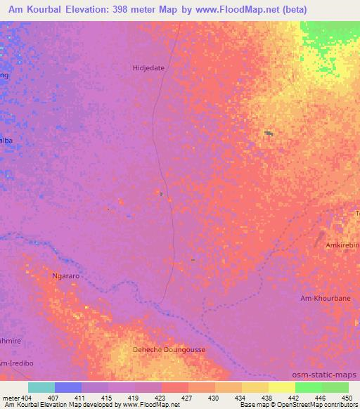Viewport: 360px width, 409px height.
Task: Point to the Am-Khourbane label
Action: [x=325, y=298]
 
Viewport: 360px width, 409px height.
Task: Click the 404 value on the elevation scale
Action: [x=27, y=398]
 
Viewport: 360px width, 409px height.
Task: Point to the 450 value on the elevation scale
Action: [x=346, y=398]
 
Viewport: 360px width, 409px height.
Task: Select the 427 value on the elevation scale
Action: [x=188, y=398]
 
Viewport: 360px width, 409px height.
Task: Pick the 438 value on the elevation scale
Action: [x=267, y=398]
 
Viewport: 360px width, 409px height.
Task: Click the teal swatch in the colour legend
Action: [x=41, y=387]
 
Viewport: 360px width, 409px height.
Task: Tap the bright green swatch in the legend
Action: [x=309, y=387]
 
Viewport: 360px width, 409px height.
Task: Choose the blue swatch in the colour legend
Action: [x=68, y=387]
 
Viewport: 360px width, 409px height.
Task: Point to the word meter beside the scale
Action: [x=10, y=398]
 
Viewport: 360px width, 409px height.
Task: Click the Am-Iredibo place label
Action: [x=15, y=363]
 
